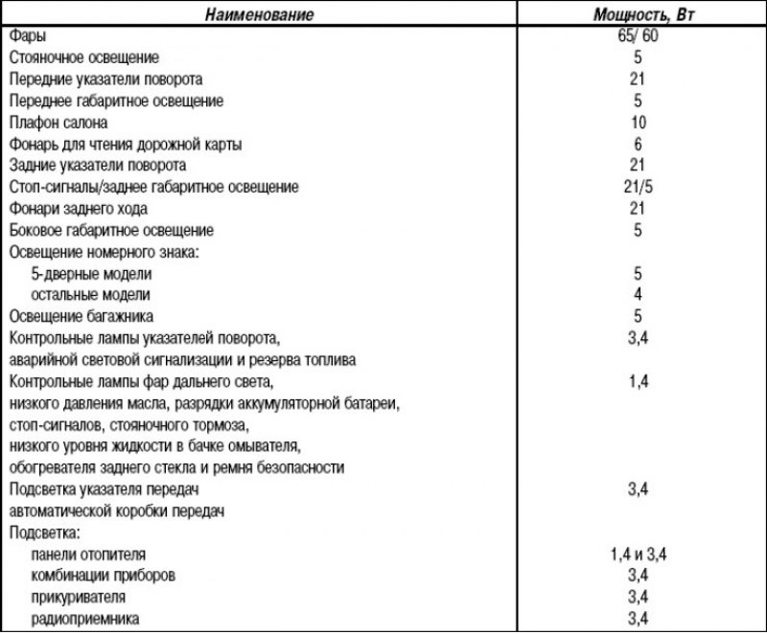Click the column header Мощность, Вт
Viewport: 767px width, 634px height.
pyautogui.click(x=639, y=15)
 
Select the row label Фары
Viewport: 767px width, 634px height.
pyautogui.click(x=25, y=36)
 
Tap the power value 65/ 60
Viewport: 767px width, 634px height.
pyautogui.click(x=639, y=36)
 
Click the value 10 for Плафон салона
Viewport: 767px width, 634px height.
pyautogui.click(x=639, y=123)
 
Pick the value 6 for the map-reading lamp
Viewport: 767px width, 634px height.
pyautogui.click(x=639, y=144)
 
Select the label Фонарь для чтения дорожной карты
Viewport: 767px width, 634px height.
pyautogui.click(x=125, y=145)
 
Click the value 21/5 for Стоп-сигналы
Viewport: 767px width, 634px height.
pyautogui.click(x=639, y=187)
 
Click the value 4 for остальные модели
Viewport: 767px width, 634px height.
pyautogui.click(x=639, y=294)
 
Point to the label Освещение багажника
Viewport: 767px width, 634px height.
pyautogui.click(x=81, y=316)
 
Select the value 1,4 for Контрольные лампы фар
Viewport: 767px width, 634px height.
pyautogui.click(x=639, y=381)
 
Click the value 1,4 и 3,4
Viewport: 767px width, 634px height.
pyautogui.click(x=639, y=554)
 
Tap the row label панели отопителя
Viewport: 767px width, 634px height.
pyautogui.click(x=90, y=555)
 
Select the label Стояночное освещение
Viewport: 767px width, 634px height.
pyautogui.click(x=84, y=57)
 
